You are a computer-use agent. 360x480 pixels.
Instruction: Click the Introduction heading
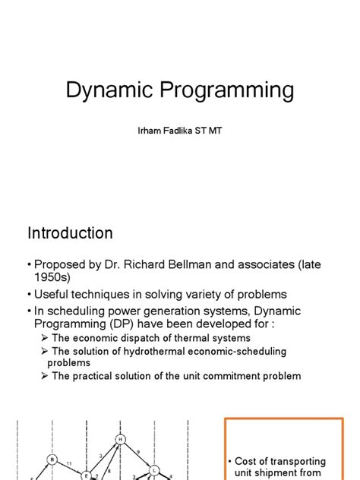click(x=70, y=233)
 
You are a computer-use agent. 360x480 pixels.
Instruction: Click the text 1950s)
click(x=53, y=279)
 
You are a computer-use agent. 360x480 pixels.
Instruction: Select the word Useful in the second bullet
click(x=53, y=294)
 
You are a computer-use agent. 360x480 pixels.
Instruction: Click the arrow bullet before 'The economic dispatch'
click(x=45, y=338)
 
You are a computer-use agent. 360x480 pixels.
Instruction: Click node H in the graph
click(x=120, y=440)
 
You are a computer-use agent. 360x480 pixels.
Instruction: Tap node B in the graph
click(x=52, y=459)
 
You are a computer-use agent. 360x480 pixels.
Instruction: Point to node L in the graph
click(x=153, y=469)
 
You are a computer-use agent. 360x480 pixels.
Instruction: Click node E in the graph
click(x=86, y=475)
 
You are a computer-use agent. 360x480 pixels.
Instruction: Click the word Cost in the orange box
click(x=248, y=462)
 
